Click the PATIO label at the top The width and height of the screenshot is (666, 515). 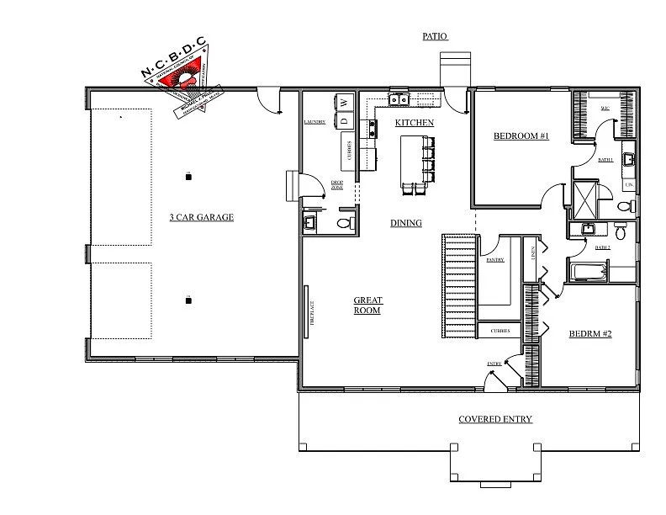click(435, 36)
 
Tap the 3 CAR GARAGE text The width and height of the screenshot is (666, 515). click(201, 217)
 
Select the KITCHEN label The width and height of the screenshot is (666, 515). click(415, 123)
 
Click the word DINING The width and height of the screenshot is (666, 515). click(405, 223)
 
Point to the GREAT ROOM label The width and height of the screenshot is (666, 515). click(367, 305)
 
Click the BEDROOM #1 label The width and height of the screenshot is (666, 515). click(521, 135)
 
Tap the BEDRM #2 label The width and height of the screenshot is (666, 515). click(589, 334)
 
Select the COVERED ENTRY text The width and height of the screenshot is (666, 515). click(494, 419)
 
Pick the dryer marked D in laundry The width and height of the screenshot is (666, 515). click(345, 120)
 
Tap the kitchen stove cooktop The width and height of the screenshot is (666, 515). click(371, 129)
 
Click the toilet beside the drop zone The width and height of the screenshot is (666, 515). click(343, 223)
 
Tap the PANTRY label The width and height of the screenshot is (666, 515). click(494, 261)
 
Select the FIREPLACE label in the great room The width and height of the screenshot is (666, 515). click(309, 313)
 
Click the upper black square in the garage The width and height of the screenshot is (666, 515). click(188, 175)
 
